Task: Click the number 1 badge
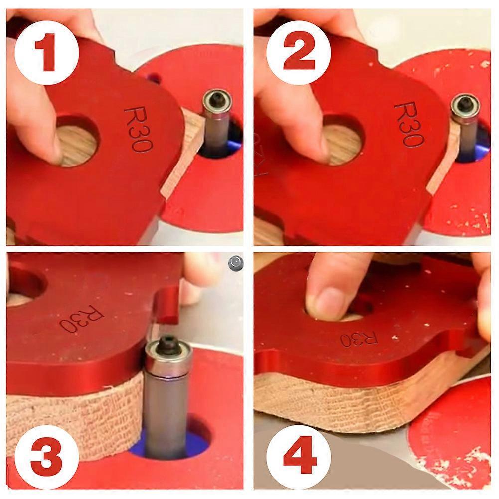46,53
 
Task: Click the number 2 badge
298,53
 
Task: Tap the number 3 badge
46,458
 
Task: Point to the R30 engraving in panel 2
409,124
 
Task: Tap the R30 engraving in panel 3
82,319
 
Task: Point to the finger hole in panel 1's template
76,141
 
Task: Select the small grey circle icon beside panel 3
236,263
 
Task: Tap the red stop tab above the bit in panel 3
167,305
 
